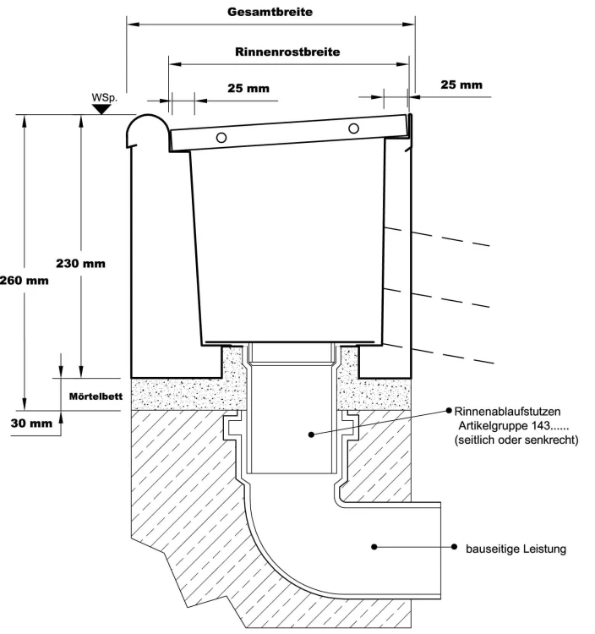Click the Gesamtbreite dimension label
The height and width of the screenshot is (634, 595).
pos(270,13)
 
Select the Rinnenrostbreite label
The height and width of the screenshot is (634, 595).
pos(287,52)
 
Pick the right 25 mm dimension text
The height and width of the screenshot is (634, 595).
pos(461,85)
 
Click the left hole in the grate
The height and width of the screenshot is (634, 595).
pos(221,138)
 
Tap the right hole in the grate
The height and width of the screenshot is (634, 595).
pos(353,128)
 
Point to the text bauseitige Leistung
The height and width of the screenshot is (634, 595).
pos(516,549)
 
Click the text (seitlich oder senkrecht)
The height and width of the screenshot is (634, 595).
pos(516,440)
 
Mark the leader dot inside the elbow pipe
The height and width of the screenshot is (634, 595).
pos(372,547)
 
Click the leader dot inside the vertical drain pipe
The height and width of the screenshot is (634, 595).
pos(310,434)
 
